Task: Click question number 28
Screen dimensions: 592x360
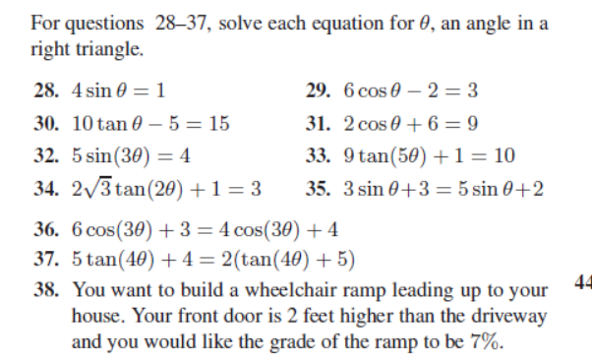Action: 45,91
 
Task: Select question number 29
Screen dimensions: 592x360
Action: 318,91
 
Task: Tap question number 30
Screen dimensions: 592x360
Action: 45,124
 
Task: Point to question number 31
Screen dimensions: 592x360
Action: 318,124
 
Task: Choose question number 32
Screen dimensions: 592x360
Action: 45,155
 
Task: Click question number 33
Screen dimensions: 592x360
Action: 318,155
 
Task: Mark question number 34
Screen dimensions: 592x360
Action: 45,188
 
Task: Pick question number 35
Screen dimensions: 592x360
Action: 318,188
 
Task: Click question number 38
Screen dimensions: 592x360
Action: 45,292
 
